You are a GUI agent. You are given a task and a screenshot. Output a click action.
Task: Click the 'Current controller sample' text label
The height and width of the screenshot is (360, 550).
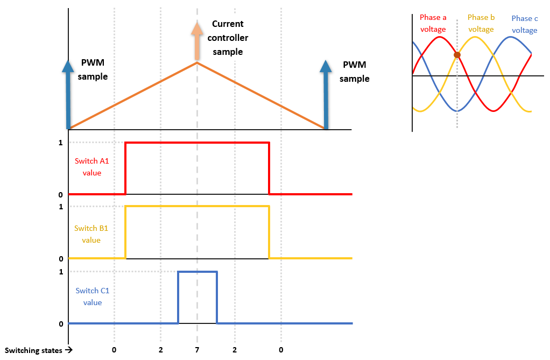tap(228, 38)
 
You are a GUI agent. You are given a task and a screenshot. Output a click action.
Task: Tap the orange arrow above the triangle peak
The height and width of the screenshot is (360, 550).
tap(197, 41)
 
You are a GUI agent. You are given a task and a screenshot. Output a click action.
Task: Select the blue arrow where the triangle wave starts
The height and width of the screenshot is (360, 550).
tap(68, 94)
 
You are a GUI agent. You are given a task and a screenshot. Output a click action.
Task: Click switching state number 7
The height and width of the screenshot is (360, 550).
tap(197, 350)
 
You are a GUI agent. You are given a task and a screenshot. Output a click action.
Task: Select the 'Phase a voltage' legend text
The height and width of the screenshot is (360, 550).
tap(433, 23)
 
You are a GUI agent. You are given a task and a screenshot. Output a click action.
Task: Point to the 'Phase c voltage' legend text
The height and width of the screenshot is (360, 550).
tap(525, 24)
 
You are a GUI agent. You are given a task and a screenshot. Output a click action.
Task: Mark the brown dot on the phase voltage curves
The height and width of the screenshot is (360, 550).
tap(457, 55)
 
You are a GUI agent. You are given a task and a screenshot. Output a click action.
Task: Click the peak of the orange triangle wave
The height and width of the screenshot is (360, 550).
tap(197, 63)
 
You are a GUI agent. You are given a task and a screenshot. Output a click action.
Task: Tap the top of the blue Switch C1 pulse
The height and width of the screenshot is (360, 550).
tap(198, 272)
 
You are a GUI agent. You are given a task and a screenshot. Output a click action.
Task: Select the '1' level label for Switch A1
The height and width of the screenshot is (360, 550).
tap(61, 143)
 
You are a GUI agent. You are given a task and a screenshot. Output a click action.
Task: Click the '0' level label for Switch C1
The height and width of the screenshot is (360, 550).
tap(61, 323)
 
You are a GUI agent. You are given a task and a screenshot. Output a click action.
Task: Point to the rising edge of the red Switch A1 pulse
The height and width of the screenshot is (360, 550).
tap(125, 168)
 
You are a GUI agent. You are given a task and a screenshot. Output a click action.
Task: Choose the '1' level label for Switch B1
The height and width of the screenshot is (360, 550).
tap(61, 207)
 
